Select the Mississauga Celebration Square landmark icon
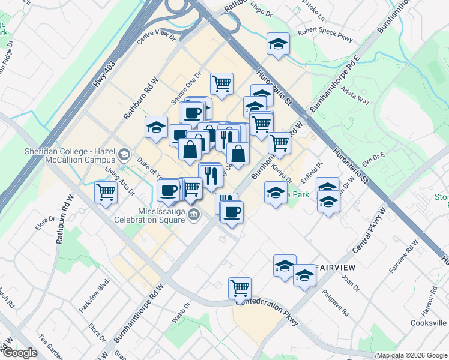[x=194, y=214]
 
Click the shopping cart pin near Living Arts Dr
[x=106, y=193]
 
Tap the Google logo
[x=20, y=353]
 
